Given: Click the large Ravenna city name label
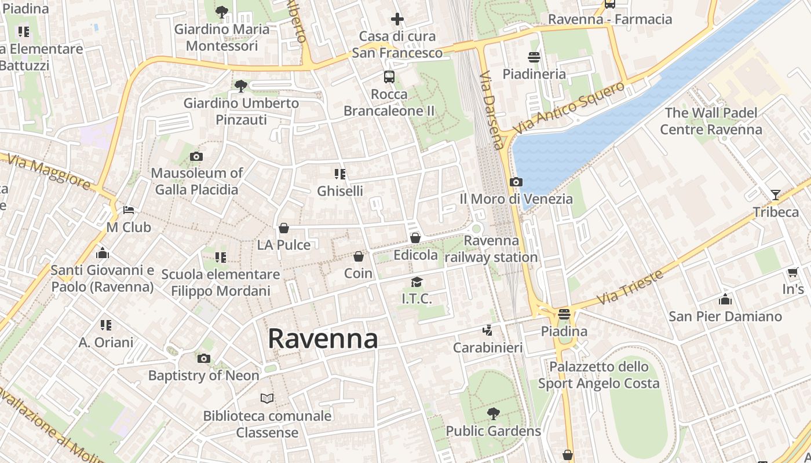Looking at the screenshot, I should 323,339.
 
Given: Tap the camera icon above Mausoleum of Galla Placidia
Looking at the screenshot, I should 196,156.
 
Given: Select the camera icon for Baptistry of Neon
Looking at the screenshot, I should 203,359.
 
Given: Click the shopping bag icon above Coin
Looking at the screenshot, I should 359,256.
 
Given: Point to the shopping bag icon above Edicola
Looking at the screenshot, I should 415,237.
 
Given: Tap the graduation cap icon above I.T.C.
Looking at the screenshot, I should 417,282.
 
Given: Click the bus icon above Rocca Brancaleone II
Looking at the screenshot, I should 389,76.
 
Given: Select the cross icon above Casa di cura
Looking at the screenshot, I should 397,19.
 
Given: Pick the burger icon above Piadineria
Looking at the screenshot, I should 534,57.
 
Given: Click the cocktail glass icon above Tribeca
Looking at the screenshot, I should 776,194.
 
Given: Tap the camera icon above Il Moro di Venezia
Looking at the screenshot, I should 516,182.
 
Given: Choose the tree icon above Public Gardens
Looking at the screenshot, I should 493,413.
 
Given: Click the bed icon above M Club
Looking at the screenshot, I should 129,210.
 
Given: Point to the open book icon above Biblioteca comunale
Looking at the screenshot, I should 267,398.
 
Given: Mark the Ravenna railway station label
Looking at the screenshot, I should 491,249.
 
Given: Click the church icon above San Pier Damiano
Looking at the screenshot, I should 725,299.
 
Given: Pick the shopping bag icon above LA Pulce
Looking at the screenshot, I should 284,228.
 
